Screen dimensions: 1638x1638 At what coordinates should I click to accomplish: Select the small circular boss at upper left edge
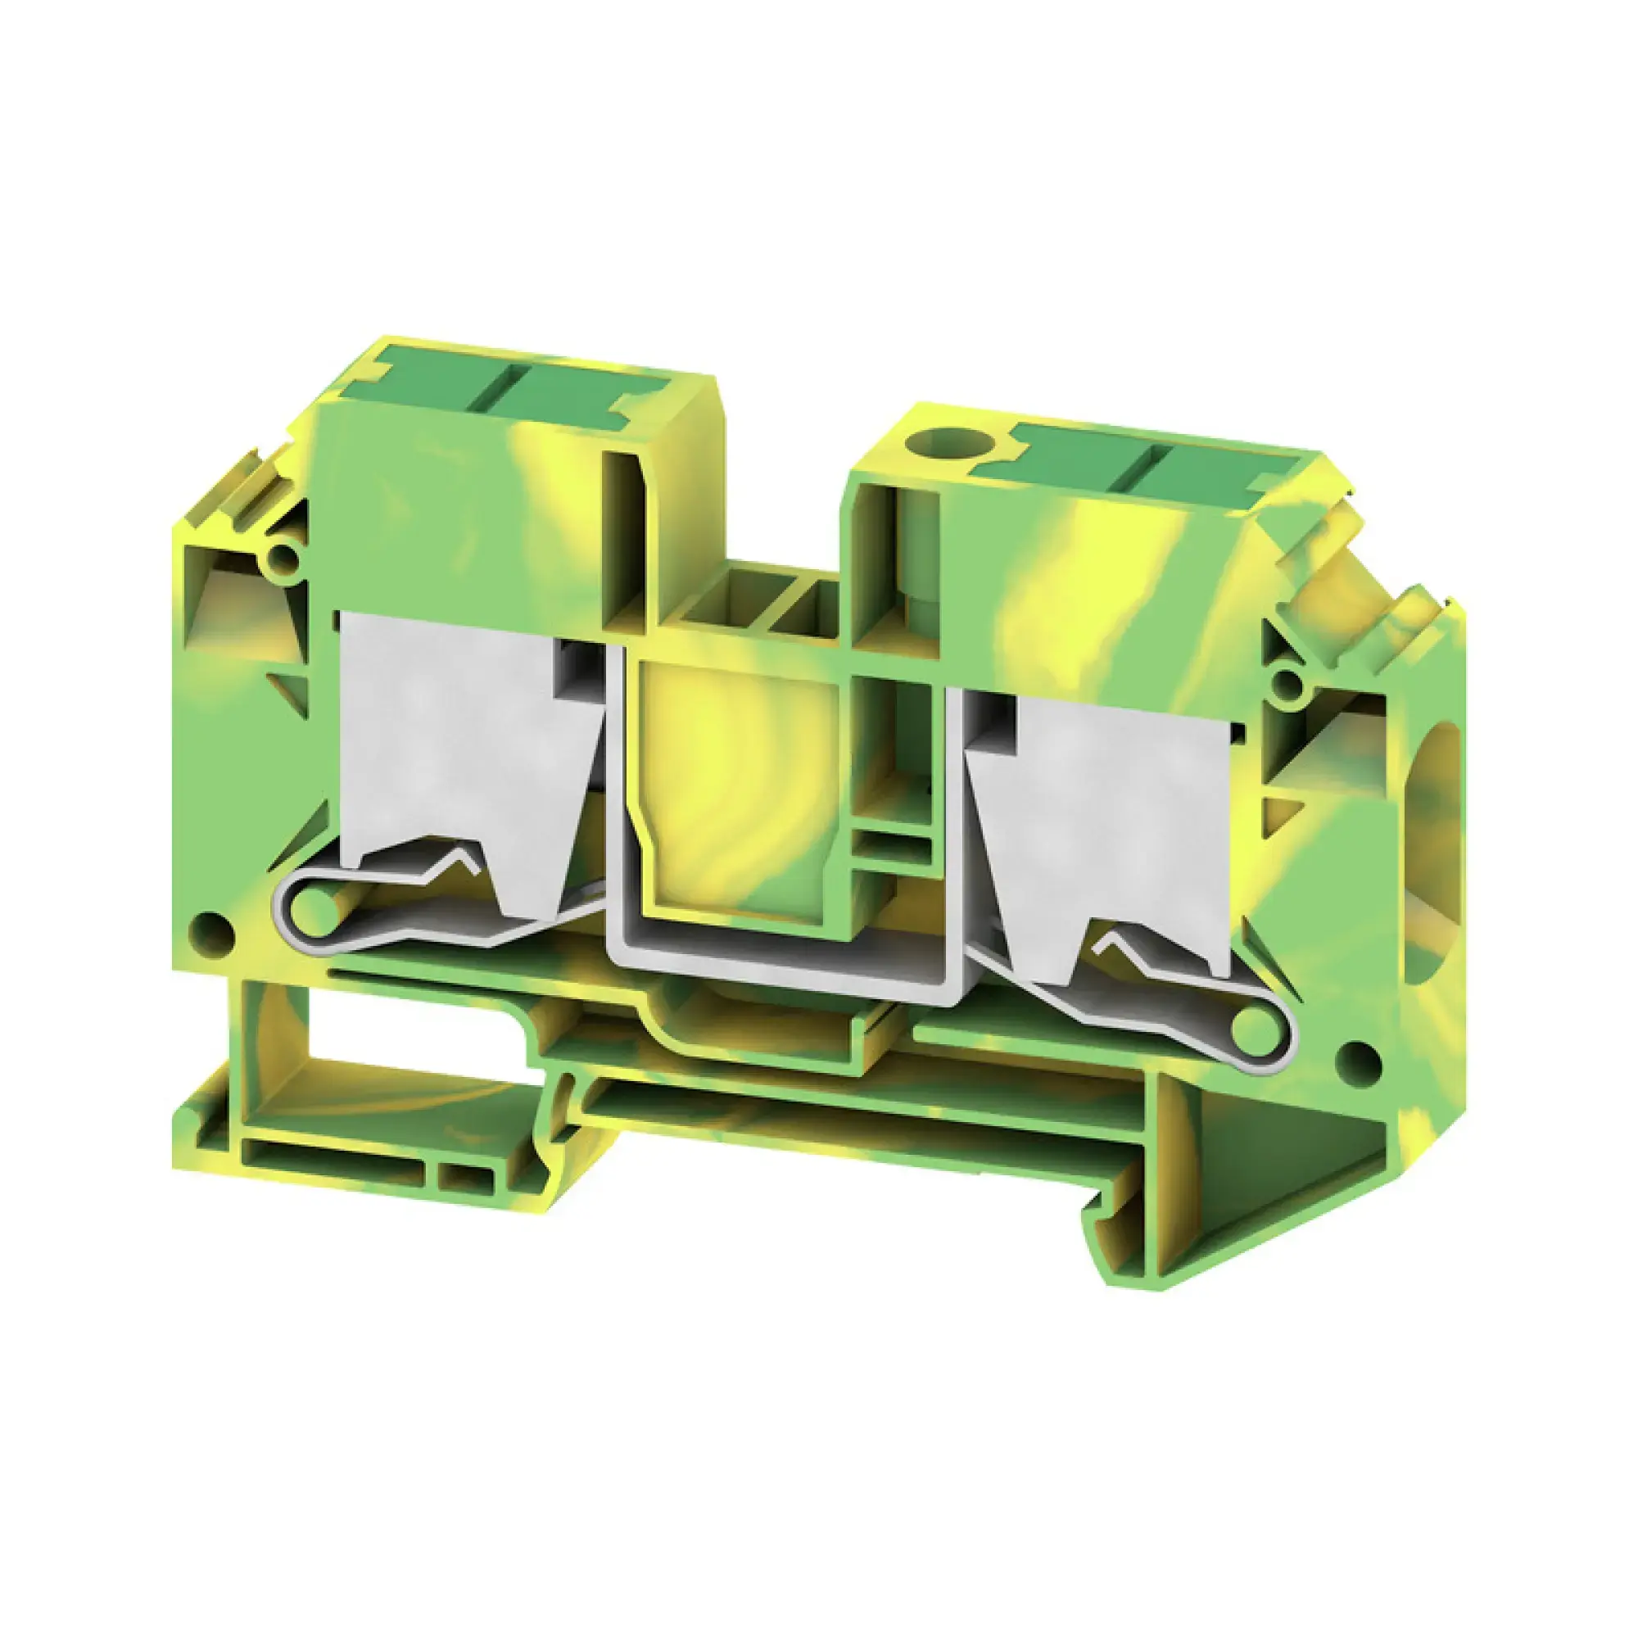point(283,557)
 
